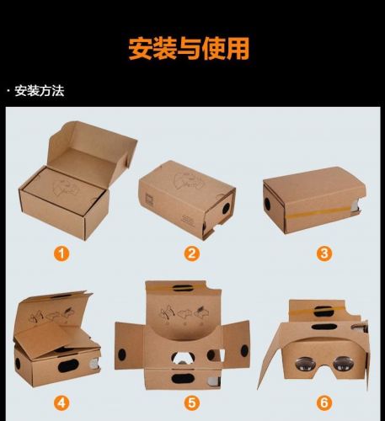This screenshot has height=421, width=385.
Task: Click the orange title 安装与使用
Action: pyautogui.click(x=189, y=49)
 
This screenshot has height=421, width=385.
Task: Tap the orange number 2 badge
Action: pyautogui.click(x=192, y=253)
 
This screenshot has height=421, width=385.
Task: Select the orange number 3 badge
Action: pyautogui.click(x=324, y=253)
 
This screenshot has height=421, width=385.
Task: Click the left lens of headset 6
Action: pyautogui.click(x=302, y=364)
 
